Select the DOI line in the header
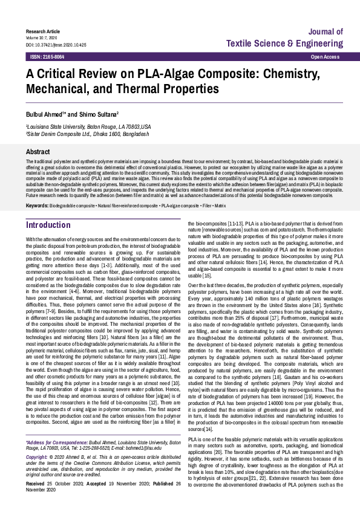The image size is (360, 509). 56,45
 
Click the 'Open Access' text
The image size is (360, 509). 325,56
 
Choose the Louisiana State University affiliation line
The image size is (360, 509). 88,128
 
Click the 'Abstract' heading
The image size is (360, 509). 38,152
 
